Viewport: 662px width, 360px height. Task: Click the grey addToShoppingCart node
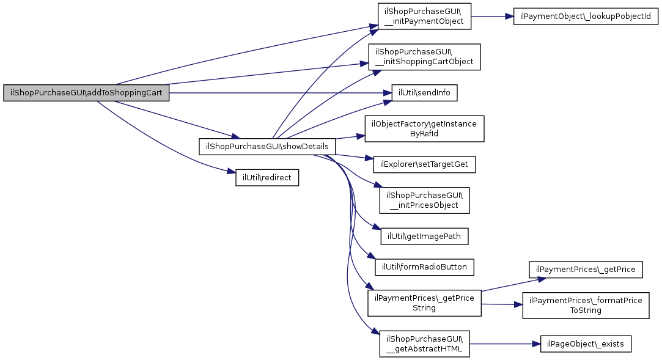[x=86, y=94]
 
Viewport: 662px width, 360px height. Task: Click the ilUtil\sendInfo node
[x=420, y=94]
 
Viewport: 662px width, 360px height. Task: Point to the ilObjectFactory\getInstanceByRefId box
[x=425, y=128]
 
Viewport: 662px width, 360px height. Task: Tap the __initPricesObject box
[x=424, y=200]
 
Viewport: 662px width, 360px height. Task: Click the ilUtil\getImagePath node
[x=424, y=236]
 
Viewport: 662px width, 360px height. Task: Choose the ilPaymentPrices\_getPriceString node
[x=424, y=303]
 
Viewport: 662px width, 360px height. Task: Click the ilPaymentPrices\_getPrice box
[x=586, y=269]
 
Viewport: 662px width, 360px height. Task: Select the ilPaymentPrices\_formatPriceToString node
[x=586, y=305]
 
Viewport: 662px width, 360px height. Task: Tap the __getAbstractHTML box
[x=424, y=344]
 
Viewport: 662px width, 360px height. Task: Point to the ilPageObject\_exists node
[x=586, y=344]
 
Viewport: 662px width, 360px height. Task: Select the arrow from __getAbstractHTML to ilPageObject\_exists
[x=504, y=344]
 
